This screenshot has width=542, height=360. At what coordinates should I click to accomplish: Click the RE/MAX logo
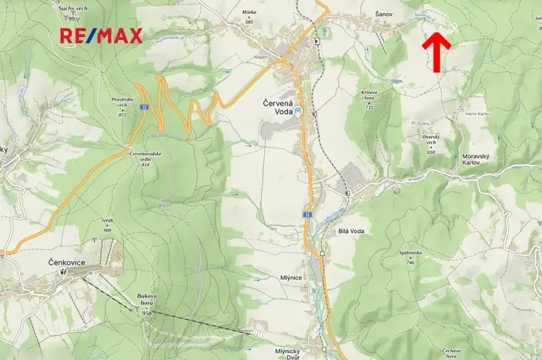click(x=101, y=35)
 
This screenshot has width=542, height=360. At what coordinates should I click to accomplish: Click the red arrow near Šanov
click(x=437, y=52)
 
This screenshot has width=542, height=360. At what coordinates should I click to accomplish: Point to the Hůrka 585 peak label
click(x=249, y=18)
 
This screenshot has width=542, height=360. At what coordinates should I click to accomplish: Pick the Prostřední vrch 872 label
click(x=123, y=106)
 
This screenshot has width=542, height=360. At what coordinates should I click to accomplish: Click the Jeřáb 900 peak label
click(x=107, y=225)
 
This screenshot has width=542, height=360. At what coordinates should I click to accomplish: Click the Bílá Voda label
click(x=351, y=230)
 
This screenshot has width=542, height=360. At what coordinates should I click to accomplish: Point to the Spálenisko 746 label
click(x=410, y=256)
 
